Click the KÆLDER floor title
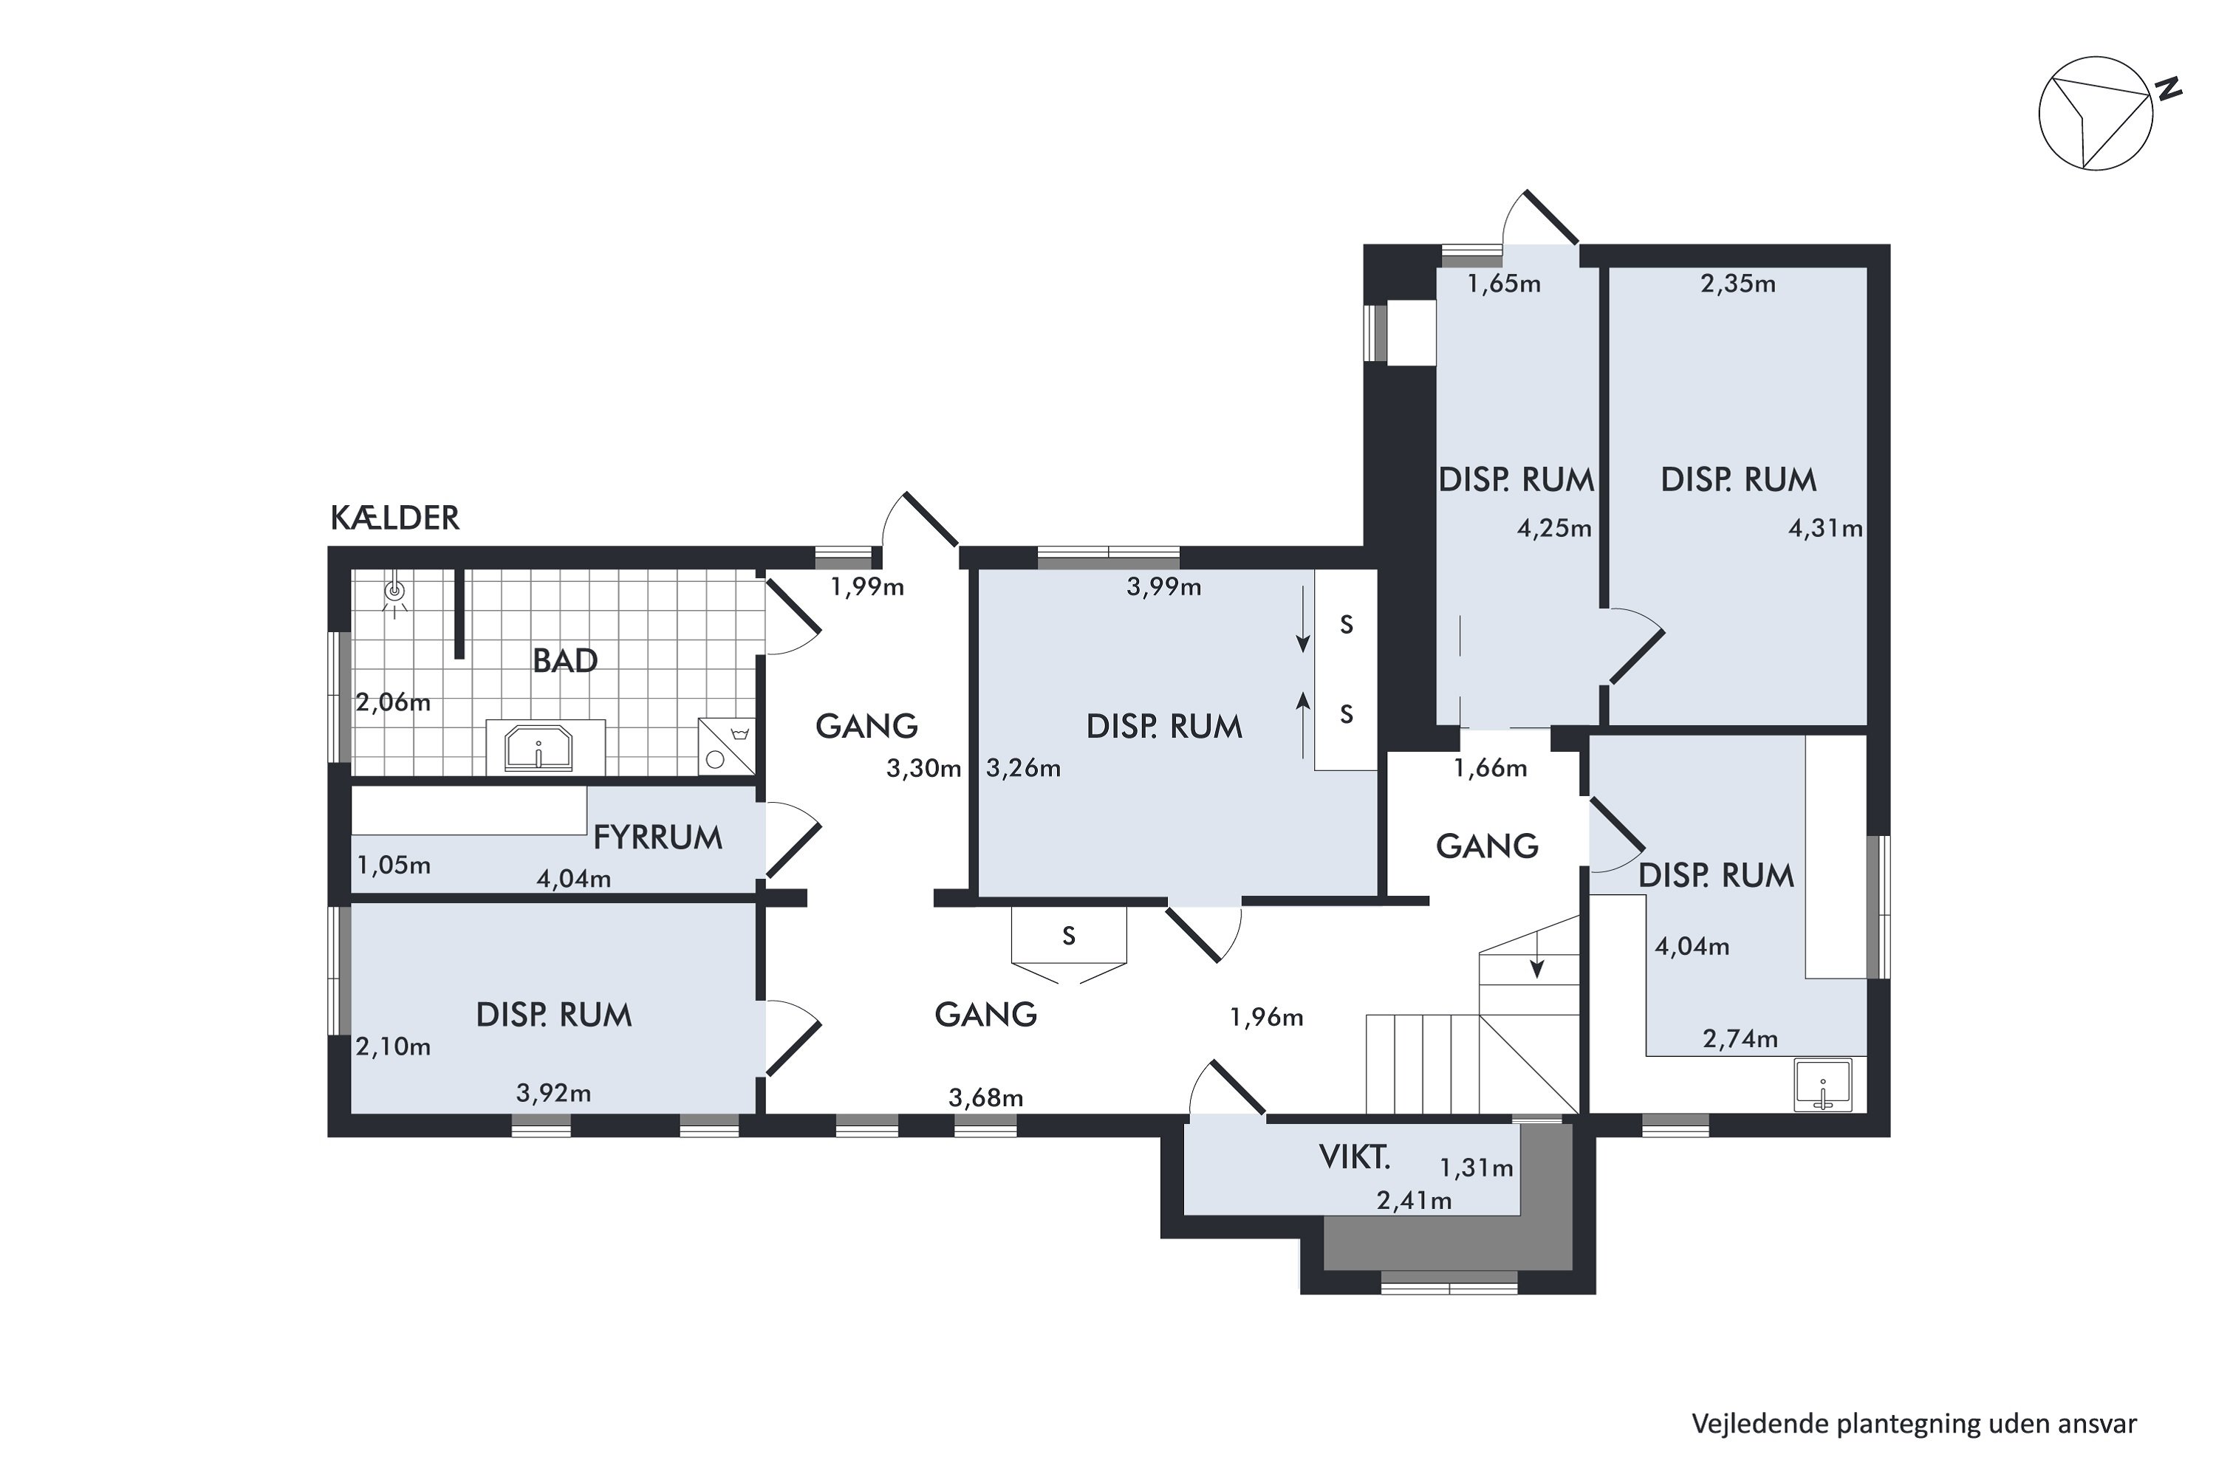pos(394,518)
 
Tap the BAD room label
pos(565,660)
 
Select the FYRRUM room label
pos(657,837)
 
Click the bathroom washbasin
pos(539,747)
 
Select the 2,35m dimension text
pos(1737,284)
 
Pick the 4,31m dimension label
pos(1825,529)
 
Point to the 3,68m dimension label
pos(985,1097)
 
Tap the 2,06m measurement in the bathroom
pos(393,703)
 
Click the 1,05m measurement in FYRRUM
pos(393,865)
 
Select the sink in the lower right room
pos(1823,1085)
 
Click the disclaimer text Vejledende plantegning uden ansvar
pos(1914,1423)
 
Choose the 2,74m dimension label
pos(1740,1039)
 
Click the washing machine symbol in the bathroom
pos(726,746)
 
